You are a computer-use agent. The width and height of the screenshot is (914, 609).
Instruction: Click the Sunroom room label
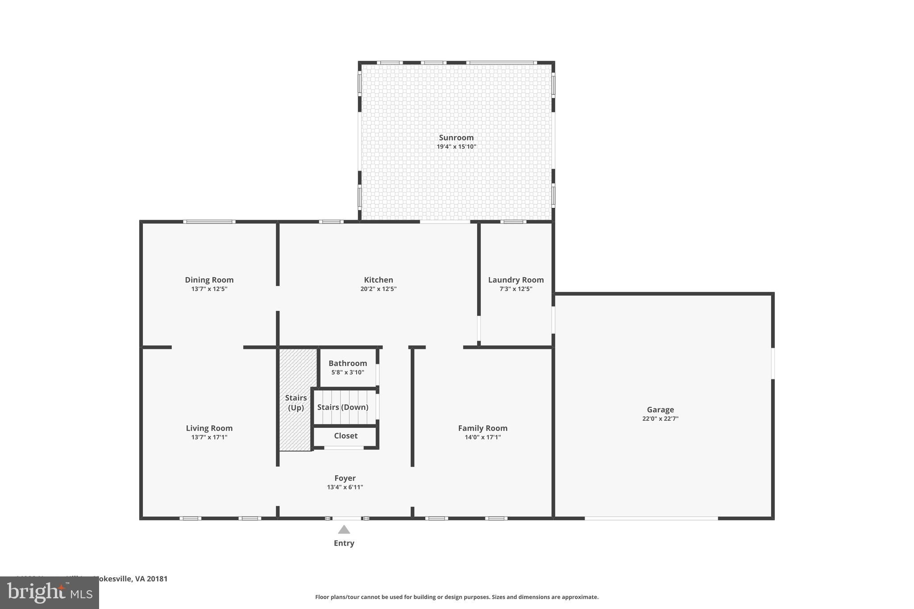[x=456, y=137]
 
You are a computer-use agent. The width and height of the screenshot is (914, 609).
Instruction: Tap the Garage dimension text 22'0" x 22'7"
[x=660, y=418]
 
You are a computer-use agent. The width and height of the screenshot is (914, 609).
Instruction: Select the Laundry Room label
[x=515, y=280]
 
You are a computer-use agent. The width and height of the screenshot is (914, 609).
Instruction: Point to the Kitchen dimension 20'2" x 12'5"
[x=378, y=289]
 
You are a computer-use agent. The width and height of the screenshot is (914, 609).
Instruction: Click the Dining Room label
[x=209, y=280]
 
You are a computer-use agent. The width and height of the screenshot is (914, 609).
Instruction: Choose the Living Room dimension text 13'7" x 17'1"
[x=209, y=437]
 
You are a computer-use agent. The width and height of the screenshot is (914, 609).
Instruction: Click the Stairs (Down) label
[x=342, y=407]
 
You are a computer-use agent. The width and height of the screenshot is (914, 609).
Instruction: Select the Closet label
[x=345, y=435]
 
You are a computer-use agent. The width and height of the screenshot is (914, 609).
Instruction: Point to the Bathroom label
[x=348, y=363]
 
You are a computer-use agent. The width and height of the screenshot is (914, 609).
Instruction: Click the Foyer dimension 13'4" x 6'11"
[x=345, y=487]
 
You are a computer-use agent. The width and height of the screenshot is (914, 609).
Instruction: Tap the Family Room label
[x=482, y=428]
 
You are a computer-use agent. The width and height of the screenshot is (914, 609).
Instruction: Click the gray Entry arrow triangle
[x=344, y=530]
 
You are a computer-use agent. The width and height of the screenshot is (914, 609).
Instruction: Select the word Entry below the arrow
[x=344, y=543]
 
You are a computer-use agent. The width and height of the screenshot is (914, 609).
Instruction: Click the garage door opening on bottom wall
[x=651, y=518]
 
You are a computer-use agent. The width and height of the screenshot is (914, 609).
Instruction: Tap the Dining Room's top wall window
[x=209, y=222]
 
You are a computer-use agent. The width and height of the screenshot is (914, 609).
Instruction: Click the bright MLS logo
[x=50, y=592]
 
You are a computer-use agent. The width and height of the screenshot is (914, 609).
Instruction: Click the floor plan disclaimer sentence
[x=457, y=597]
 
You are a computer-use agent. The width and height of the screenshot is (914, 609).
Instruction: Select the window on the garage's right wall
[x=773, y=363]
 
